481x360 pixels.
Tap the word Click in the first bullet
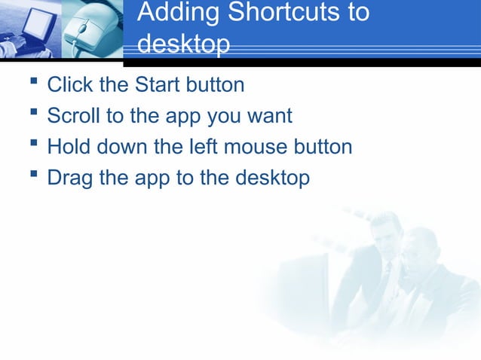tap(69, 84)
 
